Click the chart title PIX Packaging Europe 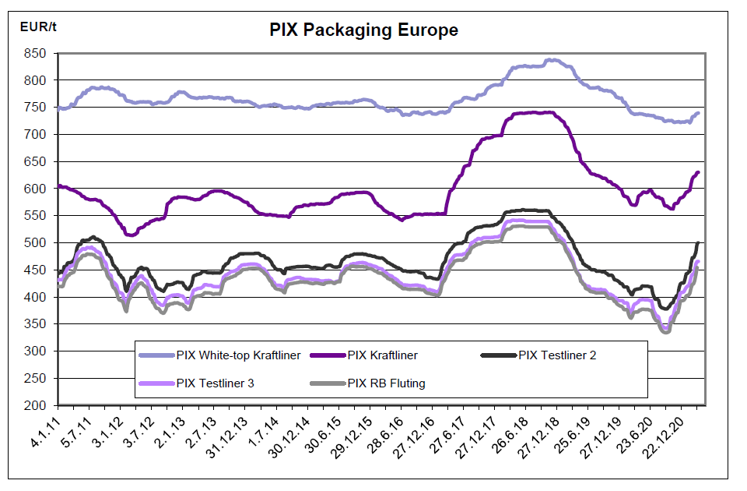(363, 30)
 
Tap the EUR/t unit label (38, 26)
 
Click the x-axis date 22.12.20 (672, 433)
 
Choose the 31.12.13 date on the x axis (224, 433)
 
